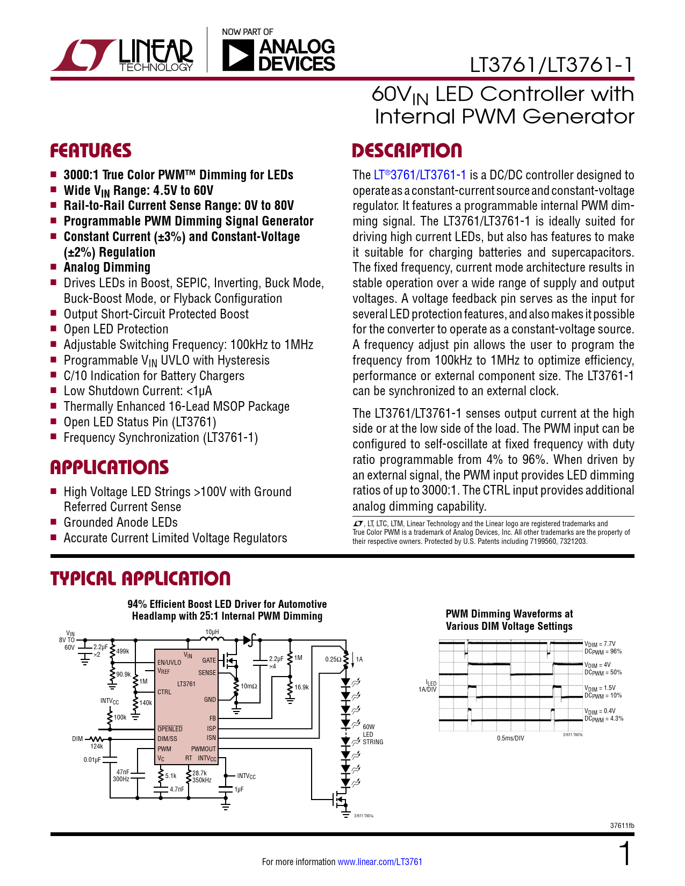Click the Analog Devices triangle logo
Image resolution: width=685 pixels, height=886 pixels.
(x=235, y=56)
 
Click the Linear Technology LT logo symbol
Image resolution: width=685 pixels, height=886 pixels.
(x=84, y=55)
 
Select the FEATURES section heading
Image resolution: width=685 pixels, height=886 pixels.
(x=91, y=150)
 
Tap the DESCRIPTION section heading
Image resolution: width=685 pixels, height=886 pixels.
(x=407, y=150)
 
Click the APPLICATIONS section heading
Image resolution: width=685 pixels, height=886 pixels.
(x=110, y=467)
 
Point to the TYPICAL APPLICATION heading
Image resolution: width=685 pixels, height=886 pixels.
(x=140, y=578)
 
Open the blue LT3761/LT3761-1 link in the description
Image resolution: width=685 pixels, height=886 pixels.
(x=420, y=175)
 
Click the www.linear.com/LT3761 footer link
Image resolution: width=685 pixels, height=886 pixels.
(x=380, y=861)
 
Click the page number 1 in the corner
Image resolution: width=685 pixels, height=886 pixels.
(x=625, y=853)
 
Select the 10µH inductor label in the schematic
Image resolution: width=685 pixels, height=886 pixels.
(x=212, y=632)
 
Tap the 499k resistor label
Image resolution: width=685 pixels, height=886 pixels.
(x=122, y=651)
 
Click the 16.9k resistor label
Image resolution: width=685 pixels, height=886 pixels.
(x=301, y=687)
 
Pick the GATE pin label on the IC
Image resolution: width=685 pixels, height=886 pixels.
(x=209, y=660)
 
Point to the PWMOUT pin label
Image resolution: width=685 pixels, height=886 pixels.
(x=203, y=749)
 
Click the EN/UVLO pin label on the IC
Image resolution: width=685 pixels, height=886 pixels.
(x=169, y=662)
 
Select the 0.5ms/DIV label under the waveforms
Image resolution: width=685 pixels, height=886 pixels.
(x=510, y=738)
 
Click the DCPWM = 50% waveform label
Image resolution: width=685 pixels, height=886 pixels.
(x=603, y=672)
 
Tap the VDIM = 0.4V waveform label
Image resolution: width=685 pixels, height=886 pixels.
(x=600, y=710)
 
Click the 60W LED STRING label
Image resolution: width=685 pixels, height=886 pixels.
(x=373, y=735)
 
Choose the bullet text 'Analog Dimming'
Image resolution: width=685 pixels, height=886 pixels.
(x=107, y=267)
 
